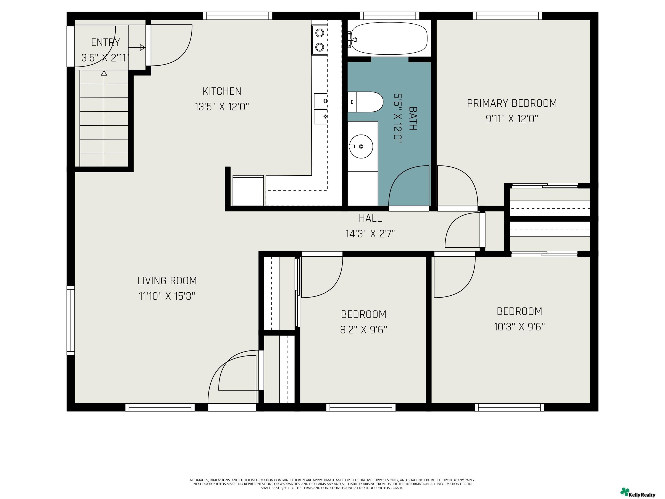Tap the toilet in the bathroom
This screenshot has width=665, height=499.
[x=365, y=102]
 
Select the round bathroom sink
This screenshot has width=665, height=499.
[x=361, y=146]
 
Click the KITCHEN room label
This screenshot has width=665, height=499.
[x=222, y=91]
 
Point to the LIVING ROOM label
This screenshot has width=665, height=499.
[x=167, y=281]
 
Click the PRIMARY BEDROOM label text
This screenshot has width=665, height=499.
[x=512, y=103]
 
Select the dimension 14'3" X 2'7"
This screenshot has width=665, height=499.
[x=370, y=234]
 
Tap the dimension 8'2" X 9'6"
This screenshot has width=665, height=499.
[x=363, y=330]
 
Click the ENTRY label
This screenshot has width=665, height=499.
[x=105, y=42]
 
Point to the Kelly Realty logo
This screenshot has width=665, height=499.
[x=638, y=492]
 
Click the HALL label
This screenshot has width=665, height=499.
[x=370, y=218]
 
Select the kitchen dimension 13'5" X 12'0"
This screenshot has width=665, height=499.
[x=222, y=107]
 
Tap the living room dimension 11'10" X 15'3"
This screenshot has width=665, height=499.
[x=167, y=296]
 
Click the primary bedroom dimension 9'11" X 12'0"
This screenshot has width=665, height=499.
[x=512, y=119]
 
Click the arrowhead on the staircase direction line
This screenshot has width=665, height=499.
[x=104, y=73]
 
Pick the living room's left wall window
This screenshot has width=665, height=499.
[x=71, y=320]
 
